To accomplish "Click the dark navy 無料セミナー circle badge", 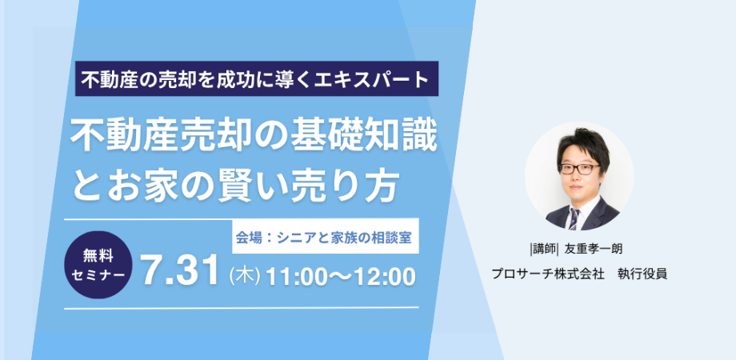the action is (98, 265).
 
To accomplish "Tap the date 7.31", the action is (181, 272).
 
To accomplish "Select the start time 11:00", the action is (296, 277).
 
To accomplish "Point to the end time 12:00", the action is (386, 277).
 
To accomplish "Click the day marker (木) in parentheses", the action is (244, 277).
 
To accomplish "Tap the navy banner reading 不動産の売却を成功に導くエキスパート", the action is (257, 79).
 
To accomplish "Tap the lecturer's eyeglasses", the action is (579, 169).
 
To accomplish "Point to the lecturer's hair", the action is (582, 145).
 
